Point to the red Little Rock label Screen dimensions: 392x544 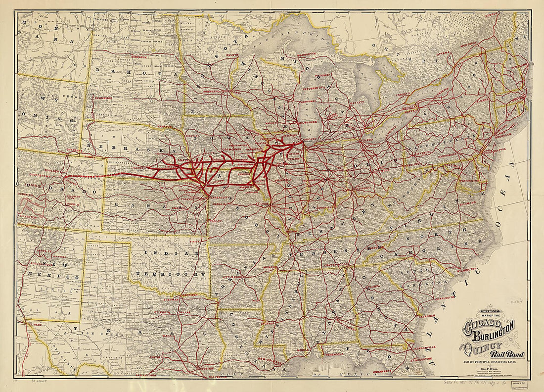233,277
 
